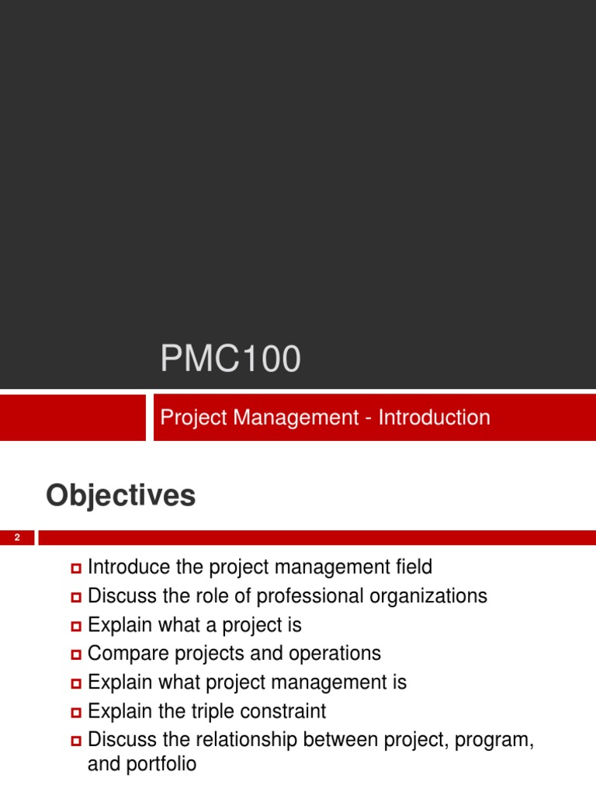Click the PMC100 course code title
pos(230,360)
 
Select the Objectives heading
pos(121,495)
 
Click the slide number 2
pos(16,538)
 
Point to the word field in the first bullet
pos(413,568)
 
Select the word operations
pos(334,654)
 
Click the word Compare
pos(123,654)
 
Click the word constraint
pos(283,711)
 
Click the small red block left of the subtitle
pos(72,418)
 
